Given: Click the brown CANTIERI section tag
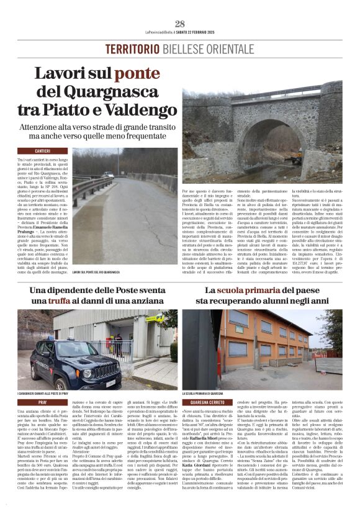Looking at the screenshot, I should [43, 151].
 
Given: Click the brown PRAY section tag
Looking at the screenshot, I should [43, 403].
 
